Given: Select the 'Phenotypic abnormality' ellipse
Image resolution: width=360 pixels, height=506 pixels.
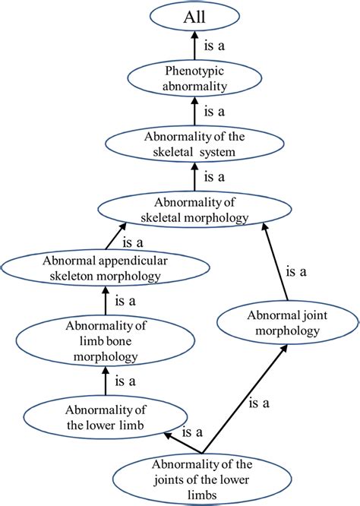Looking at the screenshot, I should click(x=196, y=79).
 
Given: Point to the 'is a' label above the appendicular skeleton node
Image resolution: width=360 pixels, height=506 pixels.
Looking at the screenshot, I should click(x=134, y=243).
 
